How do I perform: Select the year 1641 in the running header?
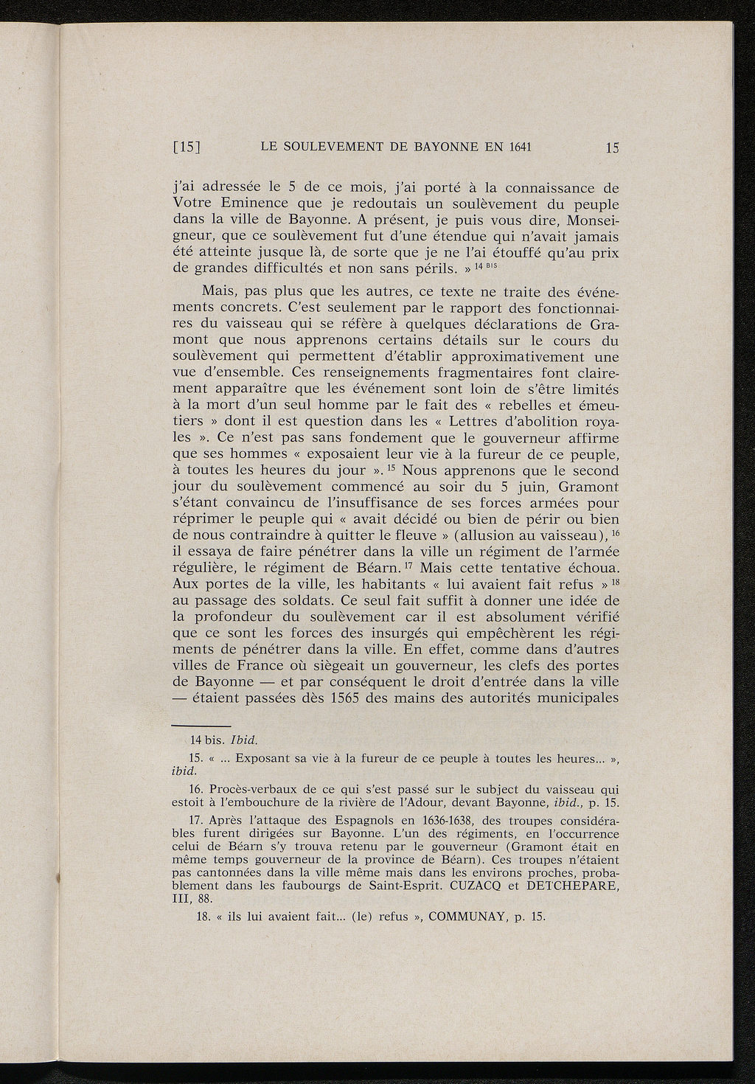[x=518, y=147]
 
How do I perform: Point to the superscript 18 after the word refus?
[x=613, y=581]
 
